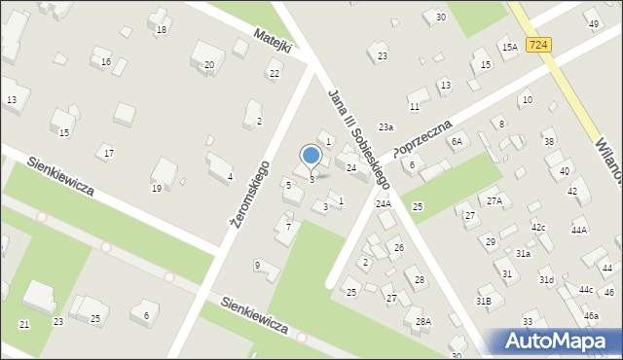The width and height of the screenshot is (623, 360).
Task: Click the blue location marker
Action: pos(311,156)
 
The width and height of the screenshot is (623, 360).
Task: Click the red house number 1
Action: pos(340,201)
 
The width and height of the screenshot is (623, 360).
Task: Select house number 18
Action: pos(162,30)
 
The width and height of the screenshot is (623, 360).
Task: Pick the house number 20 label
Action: pos(209,65)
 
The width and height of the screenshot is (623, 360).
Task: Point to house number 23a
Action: pos(386,127)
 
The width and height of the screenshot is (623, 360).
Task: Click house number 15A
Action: pos(509,47)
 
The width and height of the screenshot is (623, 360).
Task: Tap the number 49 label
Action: pos(593,23)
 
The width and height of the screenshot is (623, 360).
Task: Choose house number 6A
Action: pos(457,141)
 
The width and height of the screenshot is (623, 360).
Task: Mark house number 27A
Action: pos(495,200)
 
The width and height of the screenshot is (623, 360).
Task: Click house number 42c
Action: pos(538,227)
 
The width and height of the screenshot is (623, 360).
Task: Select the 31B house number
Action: pos(483,301)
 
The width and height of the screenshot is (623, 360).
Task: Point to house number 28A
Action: pos(422,321)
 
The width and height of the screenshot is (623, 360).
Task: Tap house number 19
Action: pos(157,189)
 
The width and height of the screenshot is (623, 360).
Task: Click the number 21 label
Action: pos(24,323)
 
